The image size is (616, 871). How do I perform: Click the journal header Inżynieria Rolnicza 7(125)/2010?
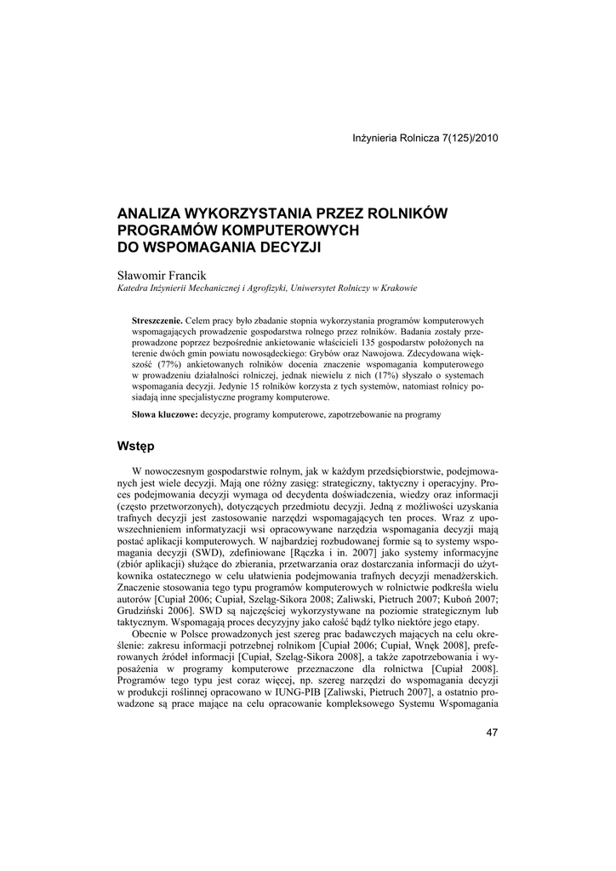pyautogui.click(x=419, y=139)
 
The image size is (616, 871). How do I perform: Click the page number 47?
pyautogui.click(x=492, y=732)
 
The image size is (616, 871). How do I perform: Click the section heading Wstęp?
pyautogui.click(x=134, y=445)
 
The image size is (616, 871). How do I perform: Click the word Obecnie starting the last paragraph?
pyautogui.click(x=150, y=635)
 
